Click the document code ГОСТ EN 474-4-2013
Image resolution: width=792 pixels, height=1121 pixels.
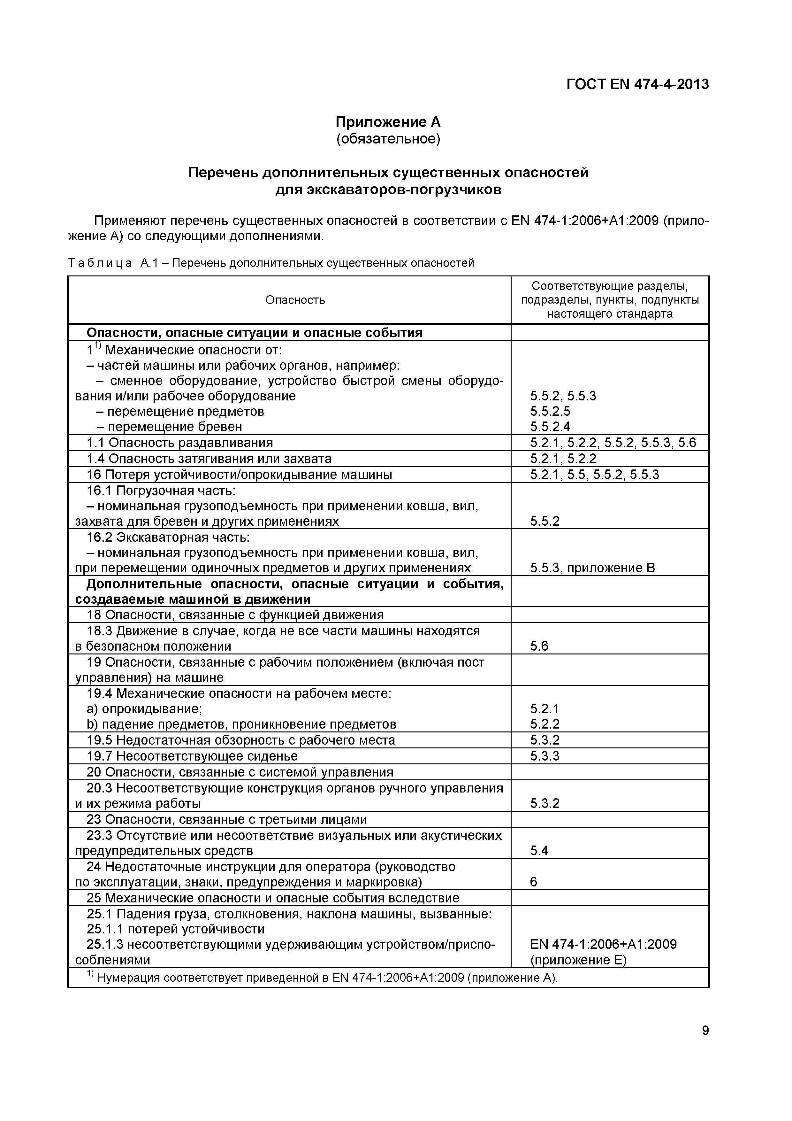click(637, 84)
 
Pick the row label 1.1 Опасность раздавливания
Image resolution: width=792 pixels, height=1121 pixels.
click(179, 443)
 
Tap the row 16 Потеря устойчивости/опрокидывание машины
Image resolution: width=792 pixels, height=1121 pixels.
click(239, 475)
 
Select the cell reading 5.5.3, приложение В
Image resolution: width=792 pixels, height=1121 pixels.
click(592, 568)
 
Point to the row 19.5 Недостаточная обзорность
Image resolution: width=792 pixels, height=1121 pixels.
click(240, 740)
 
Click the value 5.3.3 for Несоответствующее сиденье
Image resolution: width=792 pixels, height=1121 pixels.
click(544, 756)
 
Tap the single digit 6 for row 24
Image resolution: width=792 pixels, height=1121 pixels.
click(533, 882)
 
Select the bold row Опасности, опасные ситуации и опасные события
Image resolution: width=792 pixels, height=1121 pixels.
click(254, 333)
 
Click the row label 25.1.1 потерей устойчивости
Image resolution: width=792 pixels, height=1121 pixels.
click(175, 929)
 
